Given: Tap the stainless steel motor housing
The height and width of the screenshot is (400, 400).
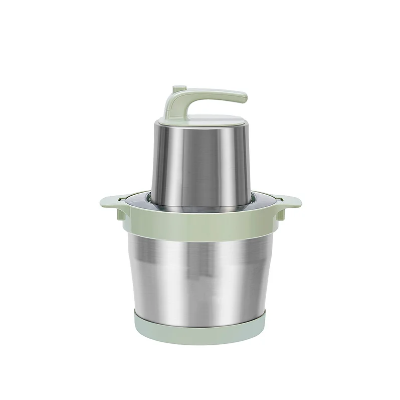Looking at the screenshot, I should [x=201, y=161].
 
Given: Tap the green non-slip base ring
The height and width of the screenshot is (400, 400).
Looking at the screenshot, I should [x=201, y=329].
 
